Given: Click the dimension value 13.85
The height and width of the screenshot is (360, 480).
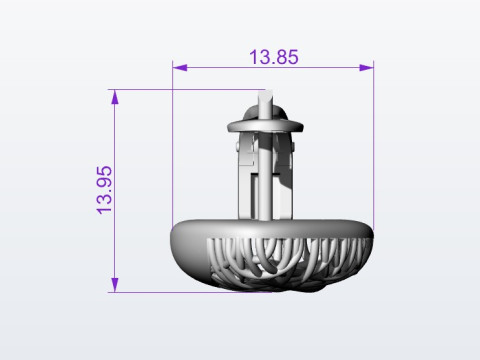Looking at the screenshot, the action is [274, 57].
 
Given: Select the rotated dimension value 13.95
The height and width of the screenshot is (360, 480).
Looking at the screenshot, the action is [104, 190].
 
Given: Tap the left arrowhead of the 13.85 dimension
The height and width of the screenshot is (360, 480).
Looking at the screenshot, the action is [180, 68].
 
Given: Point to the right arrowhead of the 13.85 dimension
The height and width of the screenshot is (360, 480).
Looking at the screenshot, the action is [366, 68].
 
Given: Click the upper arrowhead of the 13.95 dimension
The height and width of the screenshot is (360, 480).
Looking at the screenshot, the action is [115, 97].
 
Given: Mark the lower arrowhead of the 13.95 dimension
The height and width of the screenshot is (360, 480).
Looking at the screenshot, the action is [115, 285].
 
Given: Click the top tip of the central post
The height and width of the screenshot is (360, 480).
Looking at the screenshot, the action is [265, 90].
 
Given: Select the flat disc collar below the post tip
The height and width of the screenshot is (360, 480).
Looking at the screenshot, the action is [265, 126].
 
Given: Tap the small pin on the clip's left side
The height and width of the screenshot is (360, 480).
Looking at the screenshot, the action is [237, 146].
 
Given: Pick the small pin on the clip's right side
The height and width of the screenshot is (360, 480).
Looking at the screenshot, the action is [293, 146].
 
